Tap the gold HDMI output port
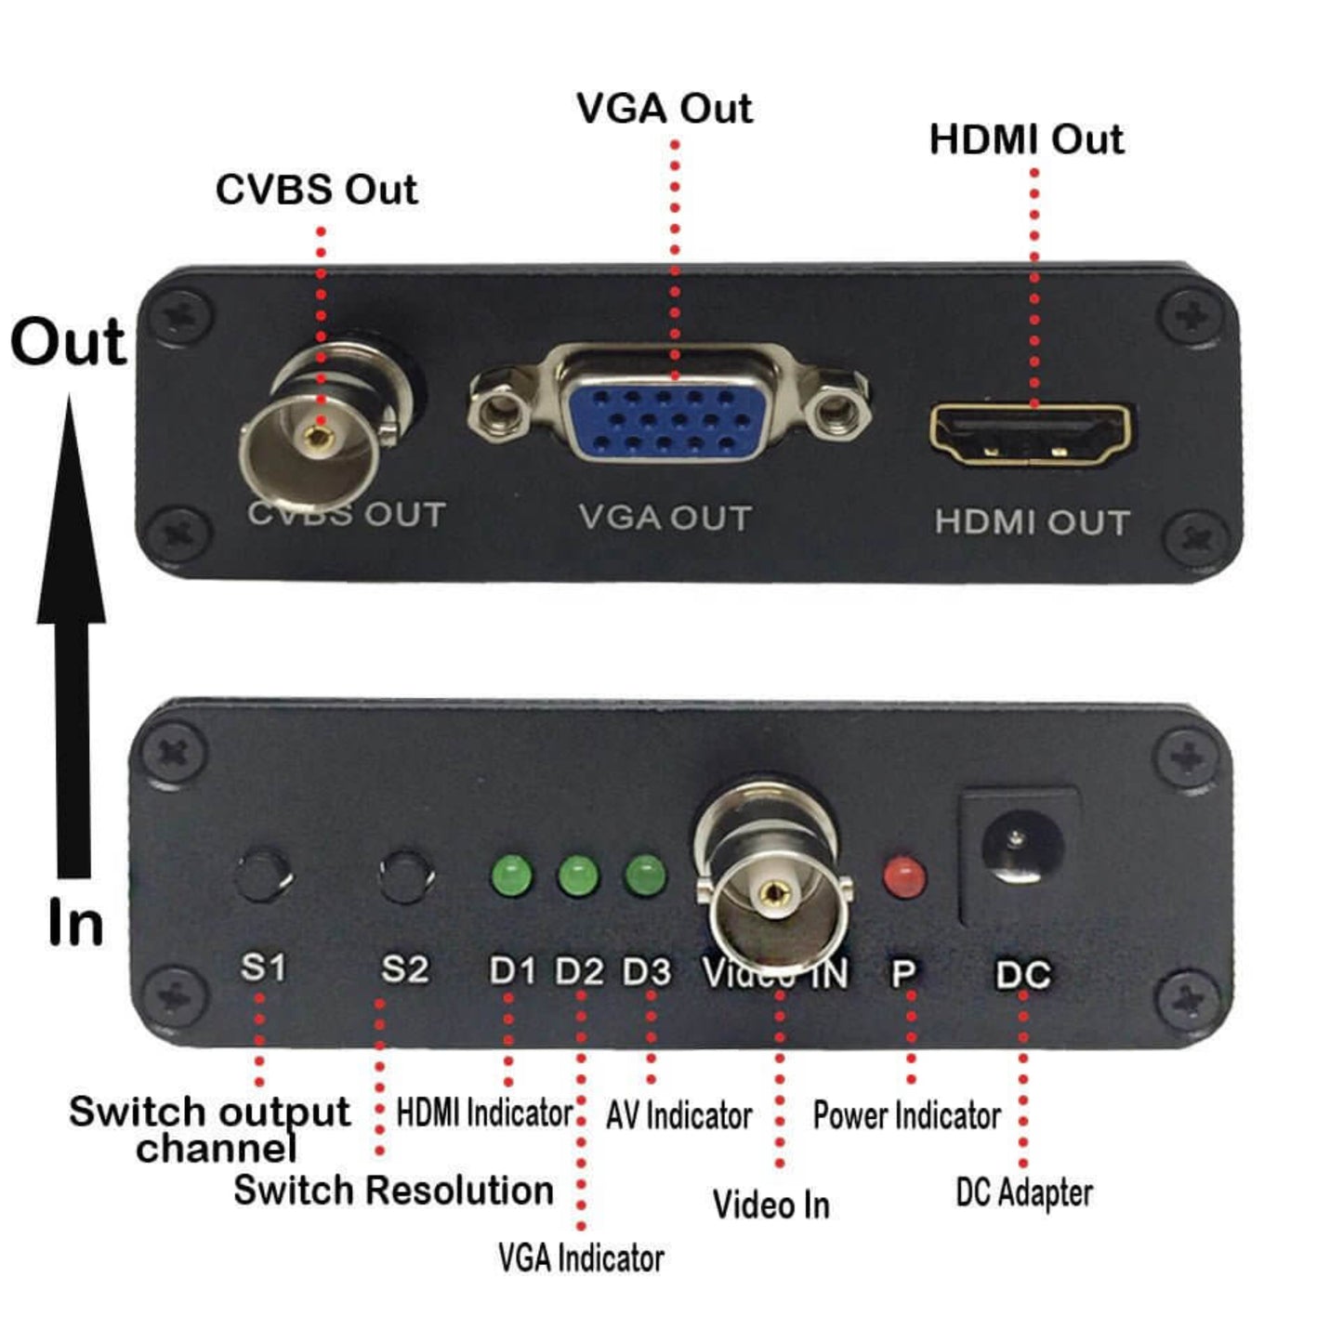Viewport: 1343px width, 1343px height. (x=1033, y=435)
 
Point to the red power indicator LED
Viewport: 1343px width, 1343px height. (x=904, y=876)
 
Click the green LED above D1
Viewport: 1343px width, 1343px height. (x=511, y=876)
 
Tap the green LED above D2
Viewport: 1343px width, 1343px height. (x=578, y=876)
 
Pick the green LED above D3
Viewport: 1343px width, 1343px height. (x=645, y=876)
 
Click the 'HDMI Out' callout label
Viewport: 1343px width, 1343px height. (x=1026, y=139)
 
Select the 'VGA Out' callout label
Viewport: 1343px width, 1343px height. (x=664, y=108)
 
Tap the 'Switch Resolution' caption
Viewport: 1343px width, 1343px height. (x=393, y=1191)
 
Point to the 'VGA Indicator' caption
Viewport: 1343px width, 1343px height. (x=581, y=1258)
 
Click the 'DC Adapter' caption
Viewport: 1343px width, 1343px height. (x=1024, y=1193)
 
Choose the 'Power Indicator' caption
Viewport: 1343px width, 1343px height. (x=906, y=1115)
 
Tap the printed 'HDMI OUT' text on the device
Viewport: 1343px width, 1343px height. (x=1032, y=522)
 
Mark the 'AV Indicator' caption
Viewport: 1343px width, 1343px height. (x=678, y=1115)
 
